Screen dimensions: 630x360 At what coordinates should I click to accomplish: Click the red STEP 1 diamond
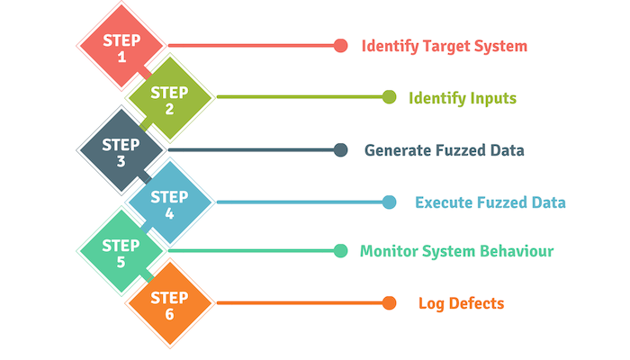121,45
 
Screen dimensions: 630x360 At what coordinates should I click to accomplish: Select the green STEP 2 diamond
169,97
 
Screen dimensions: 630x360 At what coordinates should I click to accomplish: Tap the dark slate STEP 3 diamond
121,150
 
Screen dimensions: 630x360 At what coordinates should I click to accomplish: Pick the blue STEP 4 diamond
169,202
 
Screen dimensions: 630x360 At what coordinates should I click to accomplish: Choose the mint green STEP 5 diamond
121,251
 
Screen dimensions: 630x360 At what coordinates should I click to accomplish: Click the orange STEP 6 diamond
169,303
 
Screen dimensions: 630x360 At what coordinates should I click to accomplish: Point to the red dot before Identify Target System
341,45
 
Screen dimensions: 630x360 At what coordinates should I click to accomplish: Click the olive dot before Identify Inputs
389,97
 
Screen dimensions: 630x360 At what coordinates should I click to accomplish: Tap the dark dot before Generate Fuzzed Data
341,150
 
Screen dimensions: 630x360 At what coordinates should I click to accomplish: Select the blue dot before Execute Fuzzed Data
389,202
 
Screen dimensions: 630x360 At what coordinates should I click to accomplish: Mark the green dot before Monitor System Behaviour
341,251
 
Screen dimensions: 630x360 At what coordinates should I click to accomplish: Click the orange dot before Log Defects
389,303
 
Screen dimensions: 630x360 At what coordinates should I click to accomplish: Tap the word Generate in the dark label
398,150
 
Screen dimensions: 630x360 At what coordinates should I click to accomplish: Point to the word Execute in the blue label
444,202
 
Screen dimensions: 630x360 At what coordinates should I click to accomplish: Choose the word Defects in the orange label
476,303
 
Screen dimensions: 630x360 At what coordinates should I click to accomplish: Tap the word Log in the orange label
431,304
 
